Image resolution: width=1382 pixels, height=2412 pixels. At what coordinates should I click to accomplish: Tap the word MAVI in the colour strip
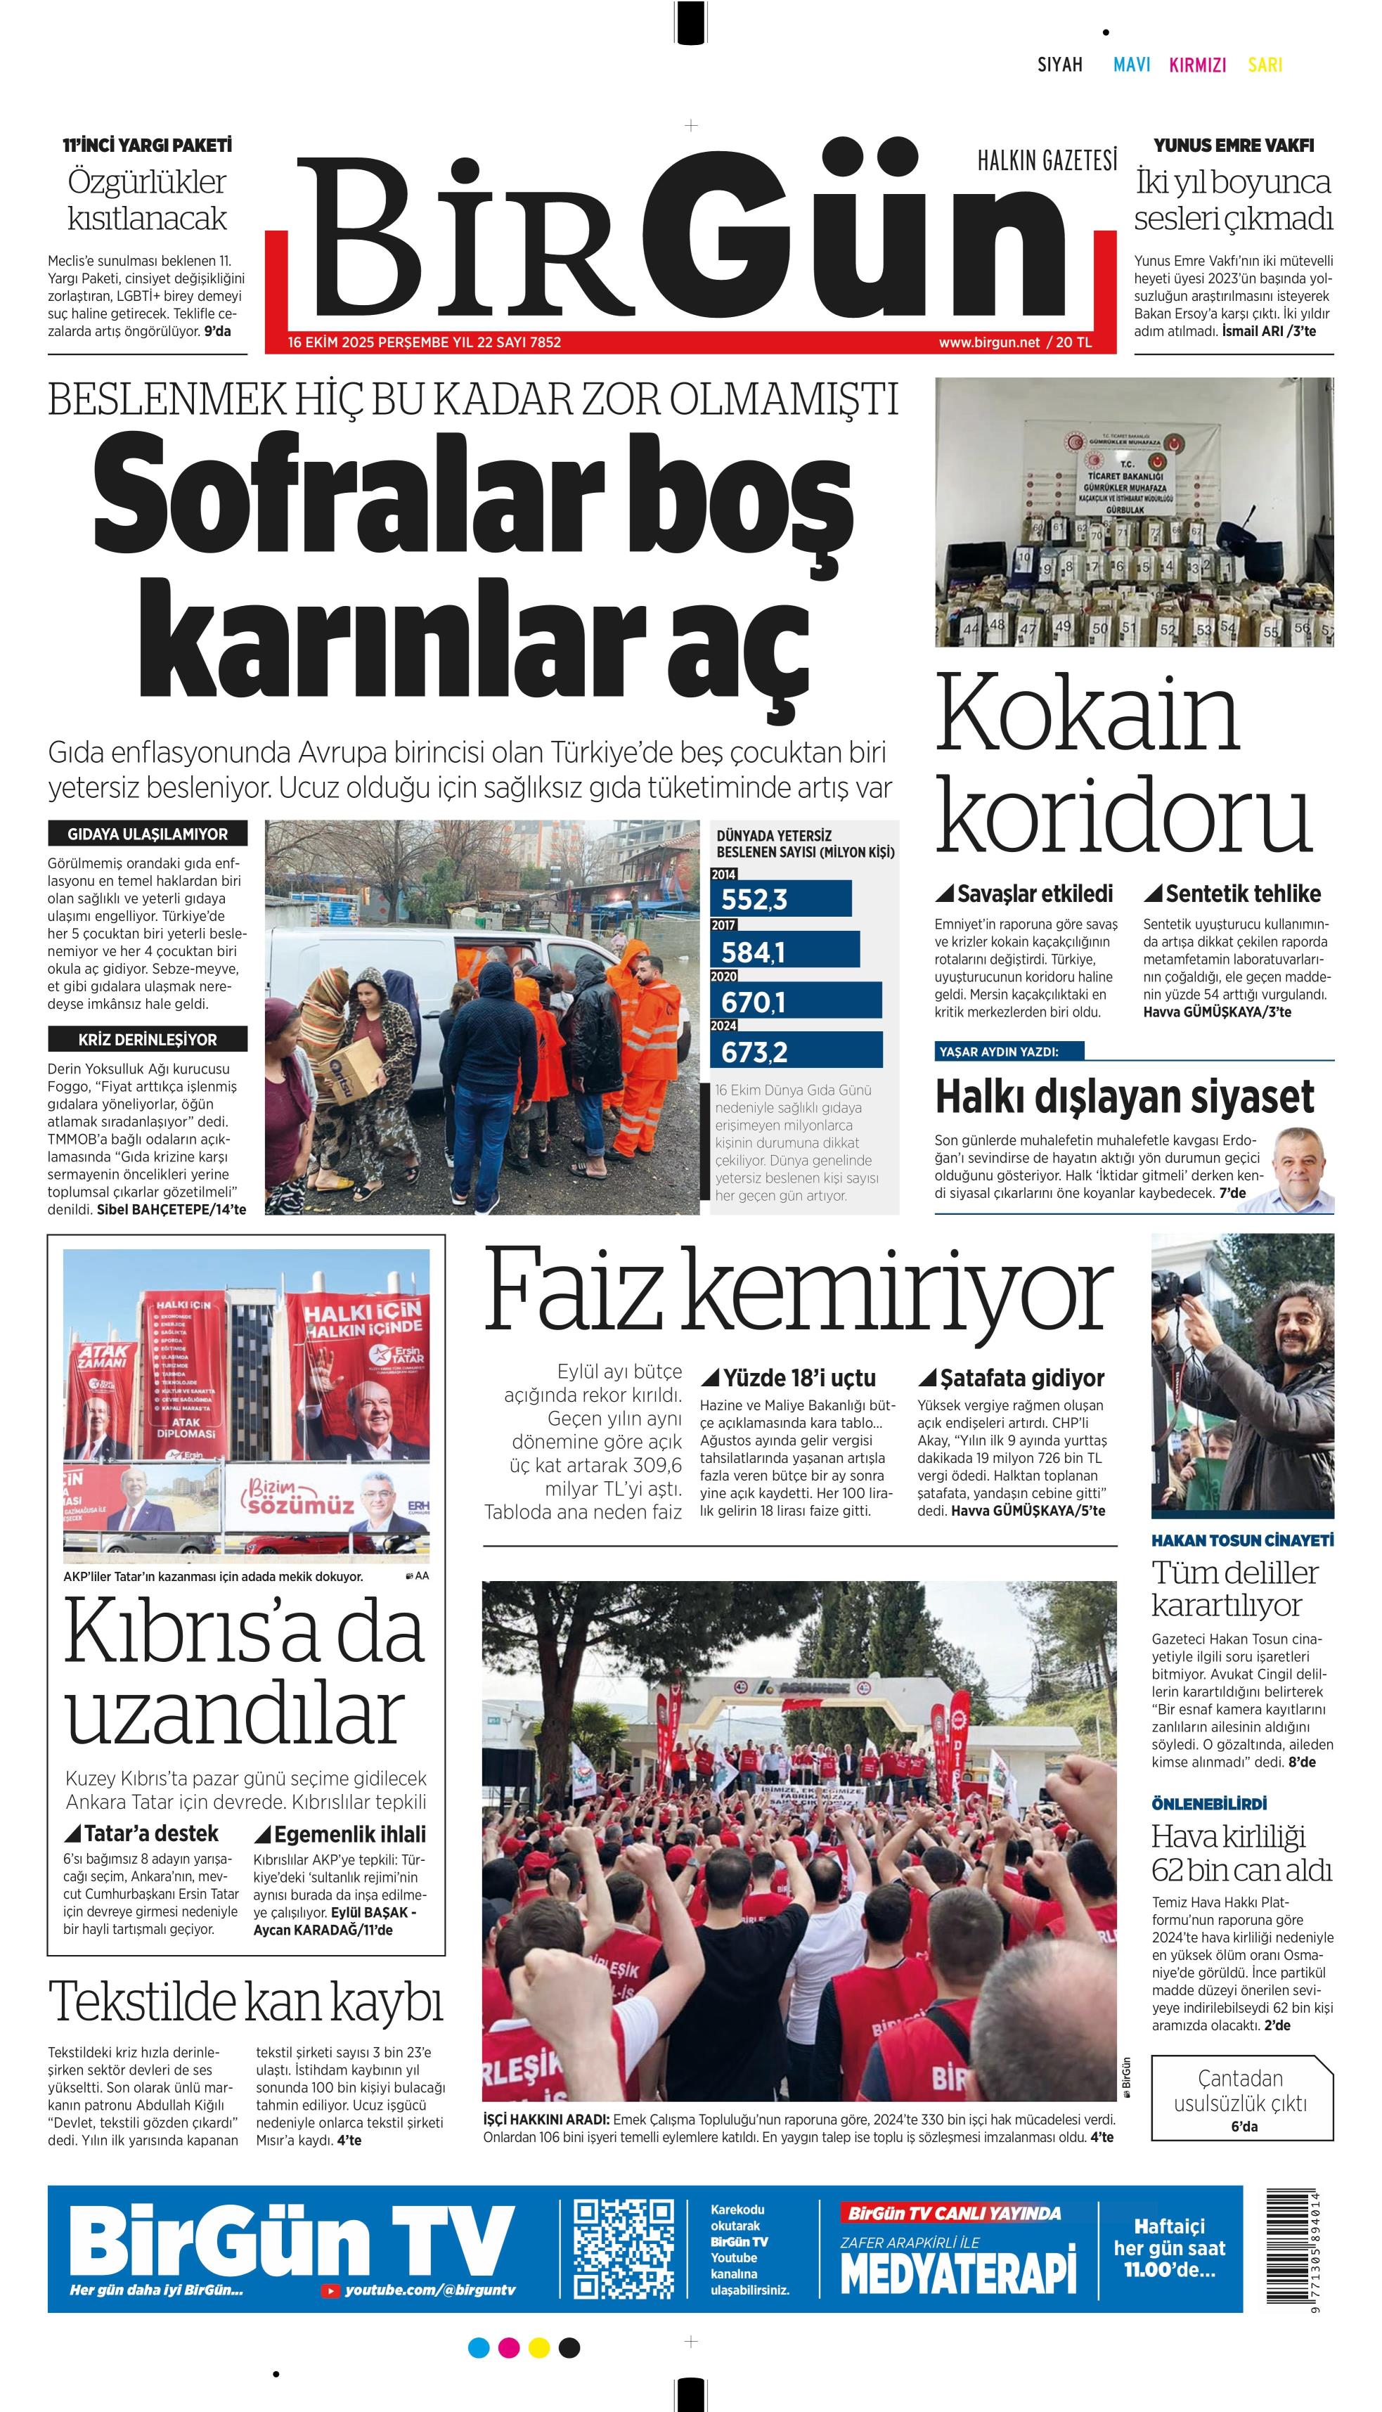click(x=1132, y=65)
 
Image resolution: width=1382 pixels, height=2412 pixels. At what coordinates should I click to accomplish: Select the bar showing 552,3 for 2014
click(x=781, y=898)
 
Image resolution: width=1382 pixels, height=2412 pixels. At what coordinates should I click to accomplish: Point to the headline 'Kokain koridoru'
click(x=1123, y=764)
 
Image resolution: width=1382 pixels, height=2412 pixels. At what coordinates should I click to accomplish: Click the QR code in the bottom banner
click(x=624, y=2249)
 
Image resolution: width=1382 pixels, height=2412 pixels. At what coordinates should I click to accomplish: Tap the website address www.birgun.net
click(x=989, y=342)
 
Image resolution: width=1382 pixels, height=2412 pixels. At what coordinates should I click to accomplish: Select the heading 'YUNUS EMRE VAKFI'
click(x=1233, y=146)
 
